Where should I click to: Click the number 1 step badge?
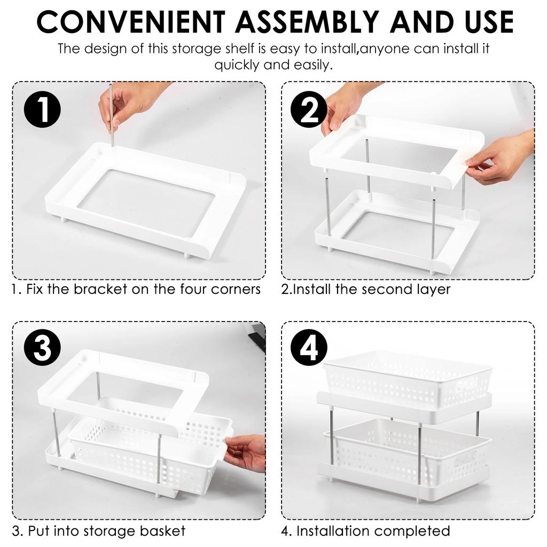coord(43,110)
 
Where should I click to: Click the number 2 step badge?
coord(308,110)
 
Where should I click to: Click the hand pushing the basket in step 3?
coord(246,451)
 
